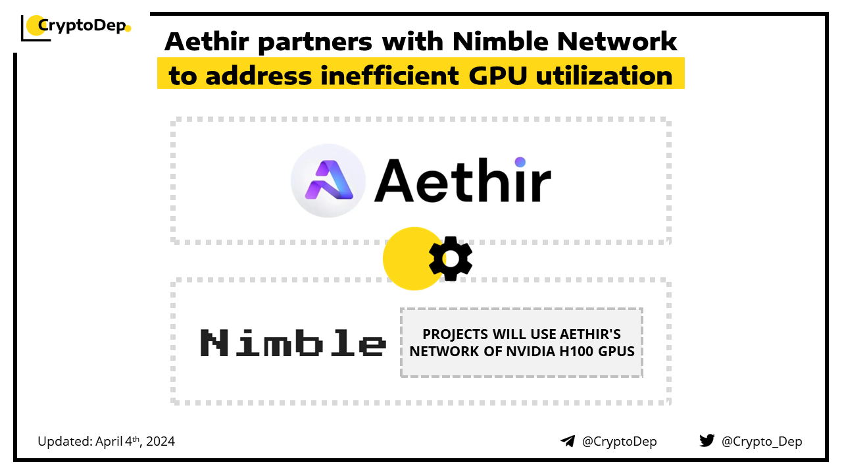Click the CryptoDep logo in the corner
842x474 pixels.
coord(76,27)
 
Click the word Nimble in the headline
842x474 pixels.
coord(501,41)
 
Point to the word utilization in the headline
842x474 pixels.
coord(604,75)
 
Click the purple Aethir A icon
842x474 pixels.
coord(328,180)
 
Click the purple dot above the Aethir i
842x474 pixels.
coord(520,162)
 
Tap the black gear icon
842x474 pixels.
coord(451,259)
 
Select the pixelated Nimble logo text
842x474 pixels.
coord(293,342)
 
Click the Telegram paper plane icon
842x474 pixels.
coord(568,441)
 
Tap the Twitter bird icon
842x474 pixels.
coord(706,440)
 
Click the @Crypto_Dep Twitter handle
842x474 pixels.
coord(762,441)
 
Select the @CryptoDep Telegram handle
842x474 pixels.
coord(619,441)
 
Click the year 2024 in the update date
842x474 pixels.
coord(161,441)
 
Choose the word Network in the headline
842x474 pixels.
coord(617,41)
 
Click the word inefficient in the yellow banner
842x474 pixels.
coord(389,75)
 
